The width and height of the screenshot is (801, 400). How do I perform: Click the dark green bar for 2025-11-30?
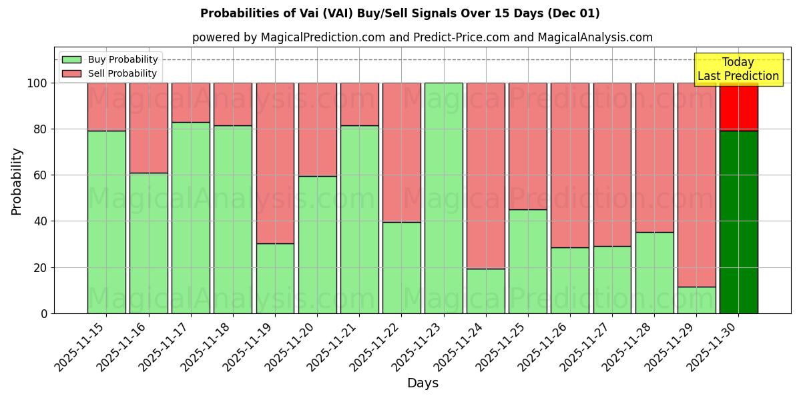(x=738, y=222)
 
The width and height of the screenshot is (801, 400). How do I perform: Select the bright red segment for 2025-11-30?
(x=738, y=107)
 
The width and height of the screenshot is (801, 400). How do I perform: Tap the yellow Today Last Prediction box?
(x=738, y=69)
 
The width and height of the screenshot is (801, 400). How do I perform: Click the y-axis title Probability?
(x=17, y=181)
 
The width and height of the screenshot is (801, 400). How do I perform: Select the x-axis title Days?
(x=423, y=383)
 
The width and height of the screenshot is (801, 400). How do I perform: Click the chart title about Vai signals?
(x=400, y=13)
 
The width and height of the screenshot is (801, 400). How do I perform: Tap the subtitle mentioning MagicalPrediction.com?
(x=422, y=37)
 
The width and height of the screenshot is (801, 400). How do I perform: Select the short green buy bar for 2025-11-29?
(x=696, y=300)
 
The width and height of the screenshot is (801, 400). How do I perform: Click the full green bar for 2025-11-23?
(x=443, y=198)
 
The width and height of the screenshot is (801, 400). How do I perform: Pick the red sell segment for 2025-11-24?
(x=486, y=175)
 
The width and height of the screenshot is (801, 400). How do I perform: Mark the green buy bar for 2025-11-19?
(x=275, y=278)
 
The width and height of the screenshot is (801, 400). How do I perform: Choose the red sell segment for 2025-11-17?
(x=191, y=103)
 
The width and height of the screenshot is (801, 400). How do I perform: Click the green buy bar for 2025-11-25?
(x=528, y=261)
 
